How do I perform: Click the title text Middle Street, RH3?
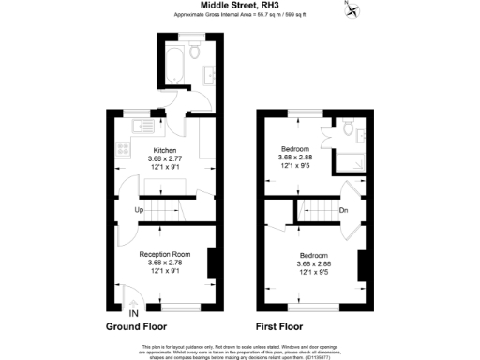tap(239, 6)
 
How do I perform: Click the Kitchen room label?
tap(165, 150)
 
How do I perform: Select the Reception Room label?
tap(165, 254)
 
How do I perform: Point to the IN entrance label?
tap(134, 312)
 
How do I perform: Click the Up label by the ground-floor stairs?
tap(139, 210)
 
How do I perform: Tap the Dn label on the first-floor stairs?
tap(344, 210)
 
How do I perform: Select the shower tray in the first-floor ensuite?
tap(353, 161)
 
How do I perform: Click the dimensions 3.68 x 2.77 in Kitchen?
tap(165, 160)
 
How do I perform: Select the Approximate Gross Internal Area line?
tap(239, 16)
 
